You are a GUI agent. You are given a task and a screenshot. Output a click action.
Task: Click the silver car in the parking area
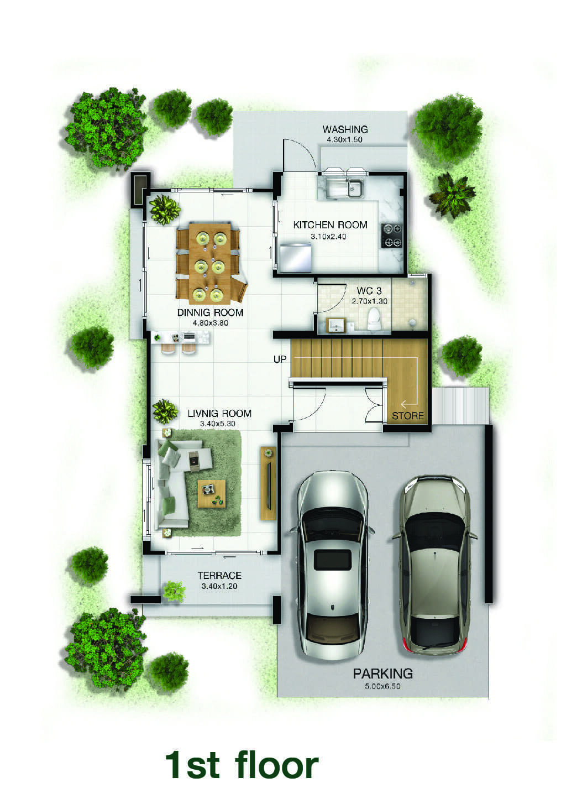[332, 566]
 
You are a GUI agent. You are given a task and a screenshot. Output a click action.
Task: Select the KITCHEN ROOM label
[330, 225]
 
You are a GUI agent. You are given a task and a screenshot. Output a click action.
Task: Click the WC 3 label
[369, 291]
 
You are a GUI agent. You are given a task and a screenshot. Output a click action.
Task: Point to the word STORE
[407, 416]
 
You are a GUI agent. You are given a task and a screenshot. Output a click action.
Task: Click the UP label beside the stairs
[280, 359]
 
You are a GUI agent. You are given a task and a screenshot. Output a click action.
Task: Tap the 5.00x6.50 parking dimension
[382, 686]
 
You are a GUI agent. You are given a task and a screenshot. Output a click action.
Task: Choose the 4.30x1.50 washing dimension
[344, 140]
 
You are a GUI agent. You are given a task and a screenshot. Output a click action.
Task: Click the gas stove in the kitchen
[392, 236]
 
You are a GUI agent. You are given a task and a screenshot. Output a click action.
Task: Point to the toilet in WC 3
[373, 319]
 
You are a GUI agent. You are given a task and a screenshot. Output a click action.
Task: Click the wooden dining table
[210, 263]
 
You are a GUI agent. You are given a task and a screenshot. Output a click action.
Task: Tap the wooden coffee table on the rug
[212, 493]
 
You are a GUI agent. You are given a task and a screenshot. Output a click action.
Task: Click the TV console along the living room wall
[268, 483]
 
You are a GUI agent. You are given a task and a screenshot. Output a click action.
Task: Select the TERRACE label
[219, 575]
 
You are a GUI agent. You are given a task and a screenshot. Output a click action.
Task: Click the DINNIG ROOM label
[210, 312]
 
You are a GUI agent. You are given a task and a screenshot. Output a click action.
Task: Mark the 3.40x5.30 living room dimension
[218, 424]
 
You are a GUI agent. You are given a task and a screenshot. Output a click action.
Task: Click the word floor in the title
[276, 765]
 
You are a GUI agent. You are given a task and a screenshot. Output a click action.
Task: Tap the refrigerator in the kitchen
[296, 257]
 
